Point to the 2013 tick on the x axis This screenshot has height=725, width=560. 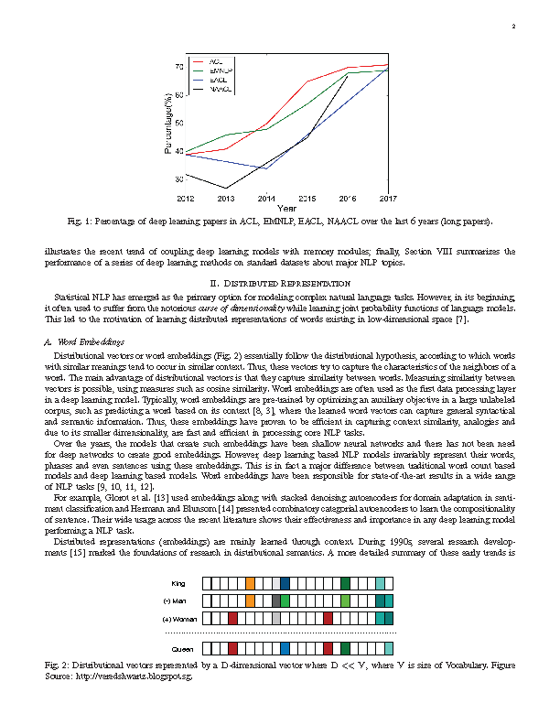click(x=226, y=198)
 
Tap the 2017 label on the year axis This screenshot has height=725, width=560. click(x=388, y=198)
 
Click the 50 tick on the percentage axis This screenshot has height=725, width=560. click(x=178, y=123)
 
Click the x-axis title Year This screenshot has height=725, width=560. click(x=286, y=208)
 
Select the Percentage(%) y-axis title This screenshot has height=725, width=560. click(x=168, y=124)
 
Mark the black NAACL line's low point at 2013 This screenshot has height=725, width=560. click(x=226, y=189)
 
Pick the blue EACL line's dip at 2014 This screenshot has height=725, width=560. click(x=266, y=168)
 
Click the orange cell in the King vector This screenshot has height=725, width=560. click(x=251, y=583)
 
